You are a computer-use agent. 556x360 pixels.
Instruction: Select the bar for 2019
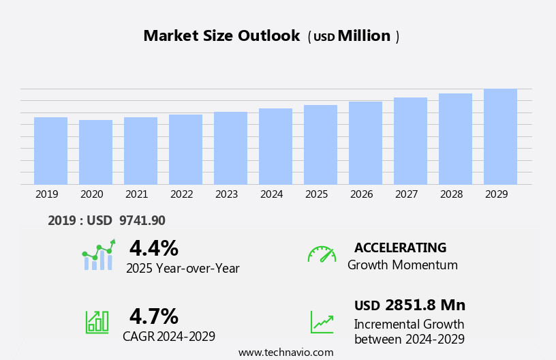(x=50, y=151)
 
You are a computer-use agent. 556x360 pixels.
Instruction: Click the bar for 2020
(x=95, y=152)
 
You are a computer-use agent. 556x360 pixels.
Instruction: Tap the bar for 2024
(x=275, y=146)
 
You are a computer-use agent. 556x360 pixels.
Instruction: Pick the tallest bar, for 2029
(x=500, y=136)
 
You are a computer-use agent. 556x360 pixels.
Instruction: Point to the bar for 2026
(x=365, y=142)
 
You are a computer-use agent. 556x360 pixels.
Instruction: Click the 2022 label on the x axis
(x=181, y=194)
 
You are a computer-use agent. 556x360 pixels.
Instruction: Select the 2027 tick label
(x=406, y=194)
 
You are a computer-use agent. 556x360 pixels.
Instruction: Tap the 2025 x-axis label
(x=316, y=194)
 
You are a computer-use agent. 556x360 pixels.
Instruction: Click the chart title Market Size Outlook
(x=221, y=36)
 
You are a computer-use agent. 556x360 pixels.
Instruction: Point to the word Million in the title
(x=364, y=36)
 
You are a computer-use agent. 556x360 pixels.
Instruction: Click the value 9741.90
(x=142, y=220)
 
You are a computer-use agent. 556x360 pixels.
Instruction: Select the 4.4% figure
(x=153, y=248)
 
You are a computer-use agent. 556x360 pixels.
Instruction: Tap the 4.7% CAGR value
(x=153, y=316)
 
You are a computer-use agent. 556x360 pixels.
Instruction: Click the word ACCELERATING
(x=400, y=247)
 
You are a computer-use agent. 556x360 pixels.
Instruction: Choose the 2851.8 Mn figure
(x=425, y=305)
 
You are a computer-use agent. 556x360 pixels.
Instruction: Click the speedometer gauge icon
(x=322, y=254)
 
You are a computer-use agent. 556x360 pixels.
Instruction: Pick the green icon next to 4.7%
(x=97, y=322)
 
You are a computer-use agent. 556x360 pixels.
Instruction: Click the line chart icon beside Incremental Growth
(x=322, y=322)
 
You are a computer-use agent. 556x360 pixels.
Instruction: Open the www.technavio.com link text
(x=285, y=352)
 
